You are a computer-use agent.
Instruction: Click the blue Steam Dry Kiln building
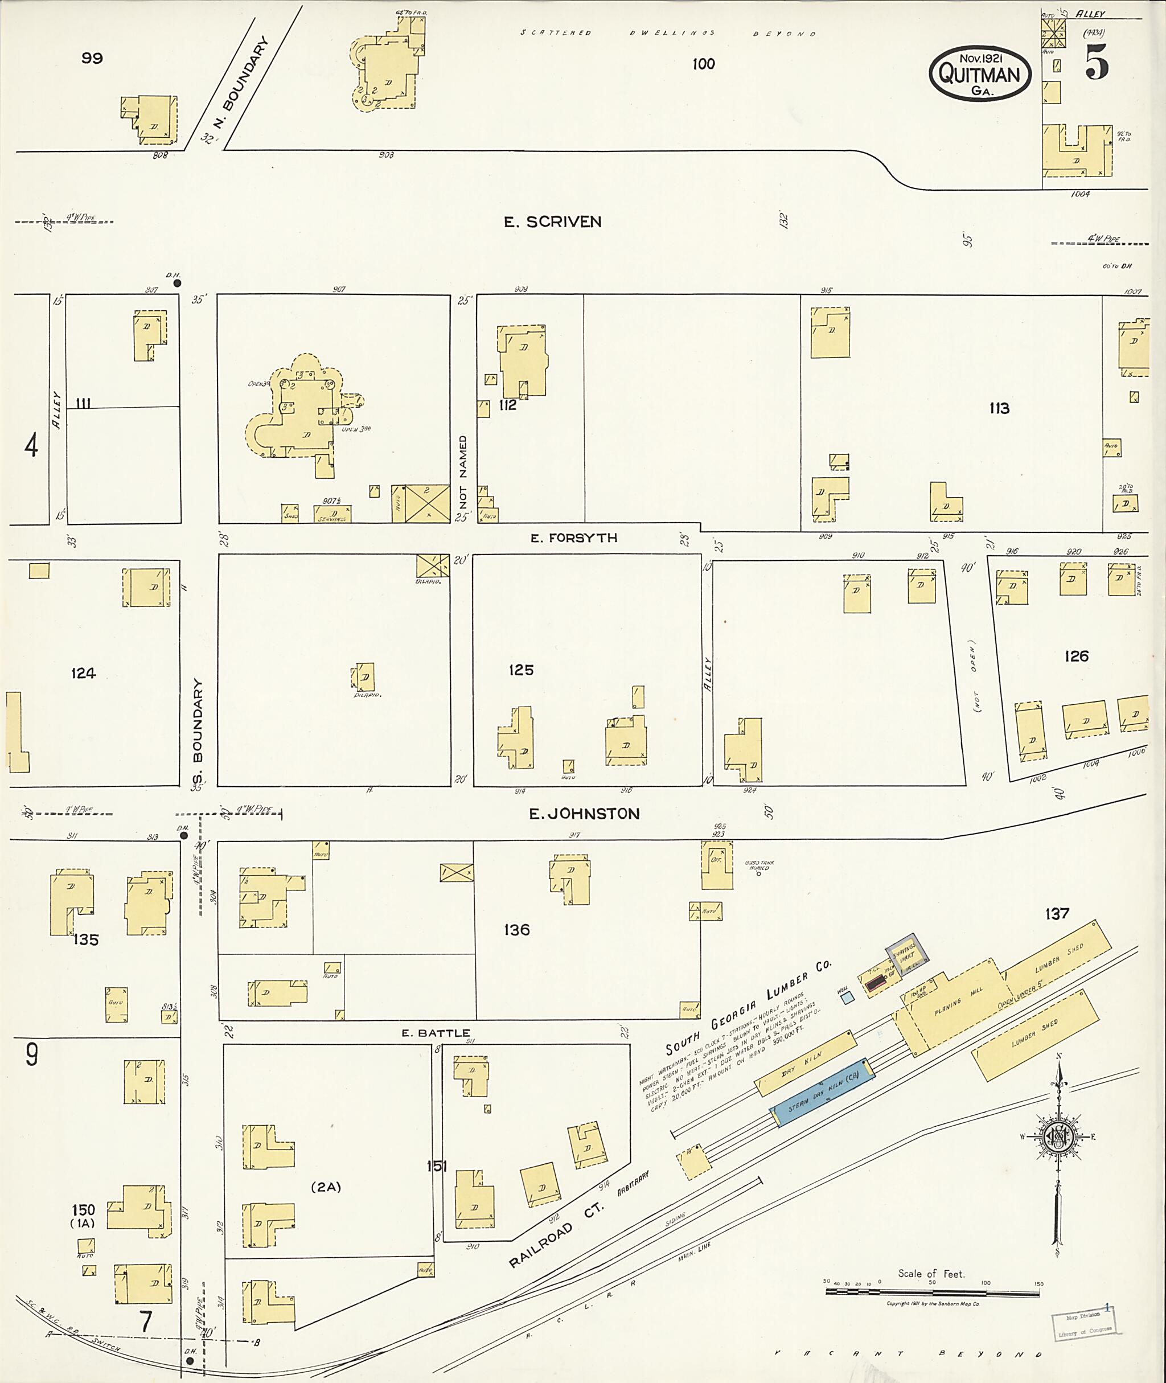pos(822,1092)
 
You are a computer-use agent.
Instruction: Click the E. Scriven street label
pos(553,222)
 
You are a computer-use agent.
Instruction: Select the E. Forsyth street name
pos(574,538)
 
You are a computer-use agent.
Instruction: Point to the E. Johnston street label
pos(584,814)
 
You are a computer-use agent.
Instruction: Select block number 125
pos(521,670)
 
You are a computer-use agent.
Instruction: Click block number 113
pos(999,409)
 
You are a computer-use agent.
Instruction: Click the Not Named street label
pos(463,476)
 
